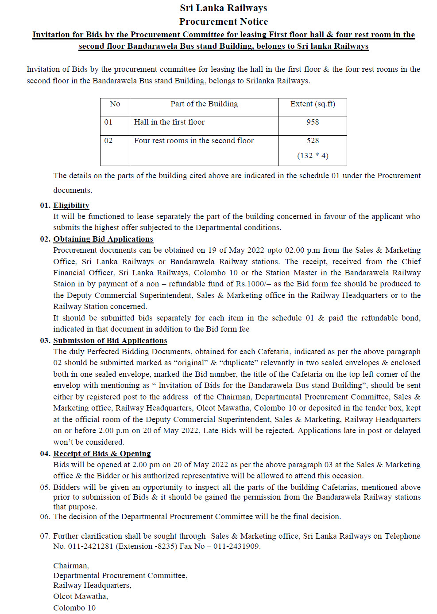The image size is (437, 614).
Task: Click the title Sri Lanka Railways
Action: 223,8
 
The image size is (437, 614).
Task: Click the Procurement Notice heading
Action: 223,22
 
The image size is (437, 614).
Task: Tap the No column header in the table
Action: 115,104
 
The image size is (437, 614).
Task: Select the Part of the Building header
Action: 204,104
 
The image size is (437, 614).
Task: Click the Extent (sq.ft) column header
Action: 313,104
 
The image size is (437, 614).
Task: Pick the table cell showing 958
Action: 313,122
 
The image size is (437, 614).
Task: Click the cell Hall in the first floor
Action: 169,122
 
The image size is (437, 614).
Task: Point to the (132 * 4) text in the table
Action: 313,156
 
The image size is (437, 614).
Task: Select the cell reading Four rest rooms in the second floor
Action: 194,141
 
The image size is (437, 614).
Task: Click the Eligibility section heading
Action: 71,205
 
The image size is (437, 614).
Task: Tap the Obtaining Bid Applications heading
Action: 103,239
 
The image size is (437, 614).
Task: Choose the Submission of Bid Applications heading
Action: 110,340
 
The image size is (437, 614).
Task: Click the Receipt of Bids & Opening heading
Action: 102,454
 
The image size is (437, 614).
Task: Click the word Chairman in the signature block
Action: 71,566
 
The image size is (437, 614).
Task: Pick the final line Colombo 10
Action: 74,608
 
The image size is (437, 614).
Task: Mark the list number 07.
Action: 45,536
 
